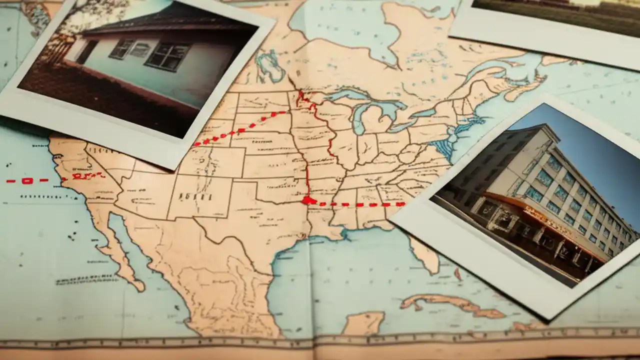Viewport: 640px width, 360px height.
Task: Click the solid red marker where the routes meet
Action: [x=307, y=200]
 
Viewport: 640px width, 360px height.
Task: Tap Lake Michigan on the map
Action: [x=357, y=117]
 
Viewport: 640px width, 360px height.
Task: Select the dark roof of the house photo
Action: [x=165, y=22]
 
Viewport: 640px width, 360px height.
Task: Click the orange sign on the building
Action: [x=547, y=220]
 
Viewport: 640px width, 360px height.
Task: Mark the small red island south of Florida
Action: [x=457, y=274]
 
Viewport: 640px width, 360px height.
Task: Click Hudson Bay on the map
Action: [x=340, y=25]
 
